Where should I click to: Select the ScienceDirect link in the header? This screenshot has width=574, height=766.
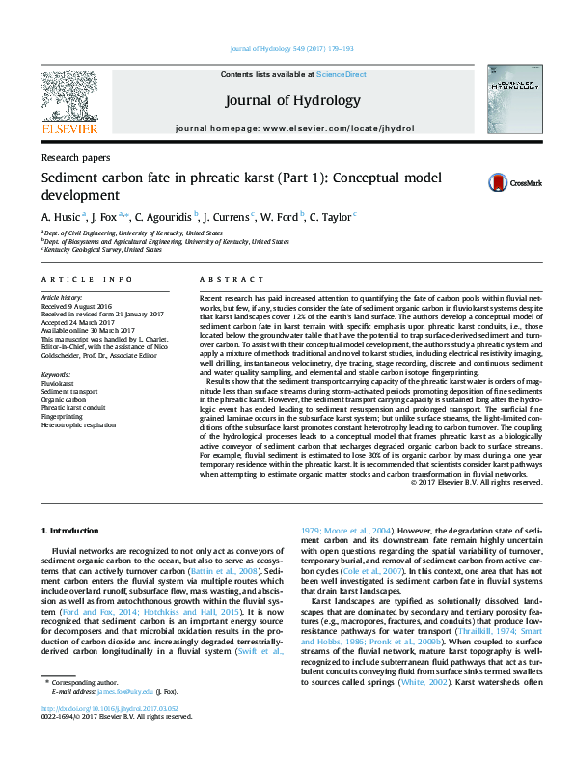[341, 74]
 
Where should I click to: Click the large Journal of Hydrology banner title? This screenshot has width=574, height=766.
[292, 100]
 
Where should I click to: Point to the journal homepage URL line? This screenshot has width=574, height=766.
[291, 128]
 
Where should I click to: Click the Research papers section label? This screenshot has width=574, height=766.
[75, 157]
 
